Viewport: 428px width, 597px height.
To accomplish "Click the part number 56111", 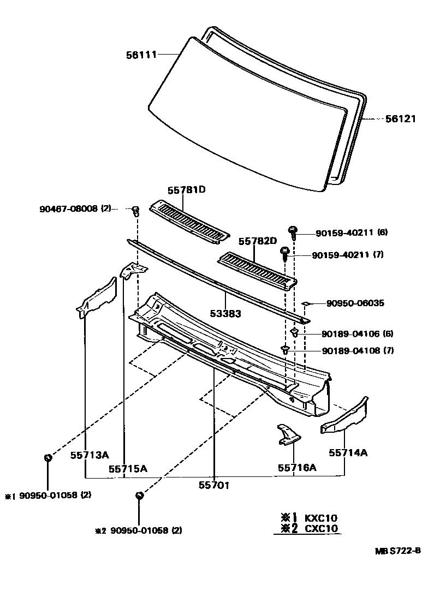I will [141, 55].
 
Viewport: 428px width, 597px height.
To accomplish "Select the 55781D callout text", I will [186, 190].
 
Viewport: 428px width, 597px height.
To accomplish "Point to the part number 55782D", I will [257, 241].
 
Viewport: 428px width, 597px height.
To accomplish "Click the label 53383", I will [225, 314].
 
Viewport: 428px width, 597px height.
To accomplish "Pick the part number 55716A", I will [297, 467].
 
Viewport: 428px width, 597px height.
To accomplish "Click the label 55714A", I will [348, 452].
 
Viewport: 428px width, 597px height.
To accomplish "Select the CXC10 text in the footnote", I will [321, 528].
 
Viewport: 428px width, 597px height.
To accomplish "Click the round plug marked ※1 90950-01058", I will [47, 457].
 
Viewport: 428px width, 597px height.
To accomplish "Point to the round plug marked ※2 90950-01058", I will [139, 495].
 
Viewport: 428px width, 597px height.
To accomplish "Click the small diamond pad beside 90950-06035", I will [306, 303].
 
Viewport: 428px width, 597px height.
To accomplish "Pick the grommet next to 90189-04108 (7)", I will [285, 349].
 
